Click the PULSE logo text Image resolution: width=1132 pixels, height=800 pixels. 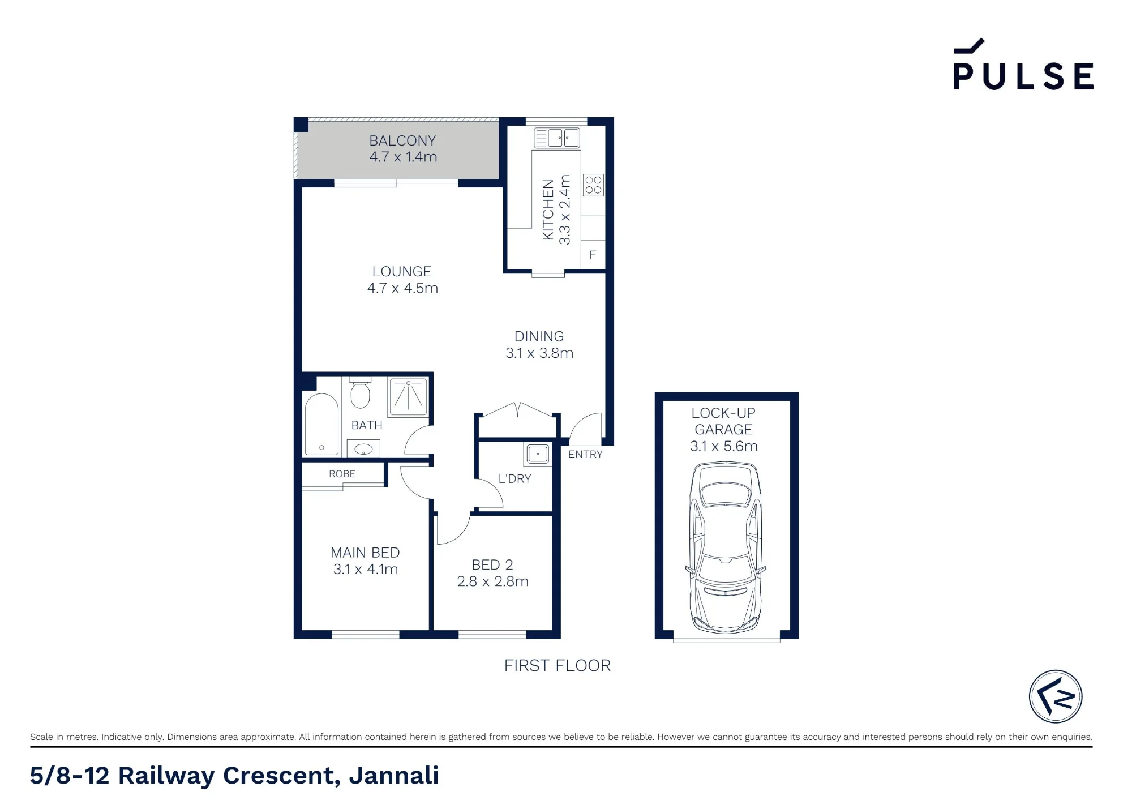1023,76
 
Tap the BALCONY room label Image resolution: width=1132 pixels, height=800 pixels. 402,140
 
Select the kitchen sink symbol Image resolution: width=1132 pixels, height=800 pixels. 557,138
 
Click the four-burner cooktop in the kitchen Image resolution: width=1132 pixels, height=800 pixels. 593,185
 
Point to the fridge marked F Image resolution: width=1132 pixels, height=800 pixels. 593,255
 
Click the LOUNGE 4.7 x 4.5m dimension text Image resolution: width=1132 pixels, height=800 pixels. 402,288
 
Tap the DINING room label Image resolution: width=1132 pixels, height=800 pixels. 539,336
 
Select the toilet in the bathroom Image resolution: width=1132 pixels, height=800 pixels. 360,392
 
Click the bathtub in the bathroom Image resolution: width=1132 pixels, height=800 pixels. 321,424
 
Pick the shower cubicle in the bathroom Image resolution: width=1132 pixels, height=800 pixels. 408,397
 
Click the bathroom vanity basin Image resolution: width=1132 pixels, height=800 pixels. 363,449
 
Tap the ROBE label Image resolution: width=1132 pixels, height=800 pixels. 342,474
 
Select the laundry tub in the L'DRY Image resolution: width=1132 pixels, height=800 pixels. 538,454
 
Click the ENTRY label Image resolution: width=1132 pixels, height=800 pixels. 585,455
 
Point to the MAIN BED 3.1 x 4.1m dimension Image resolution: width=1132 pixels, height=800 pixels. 366,570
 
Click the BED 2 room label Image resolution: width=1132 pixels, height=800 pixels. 492,565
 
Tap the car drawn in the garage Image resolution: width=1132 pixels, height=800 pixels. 726,547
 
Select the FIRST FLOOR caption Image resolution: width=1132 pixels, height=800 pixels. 558,666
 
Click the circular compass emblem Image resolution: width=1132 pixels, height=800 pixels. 1056,697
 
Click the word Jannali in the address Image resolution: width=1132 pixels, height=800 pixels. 394,776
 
